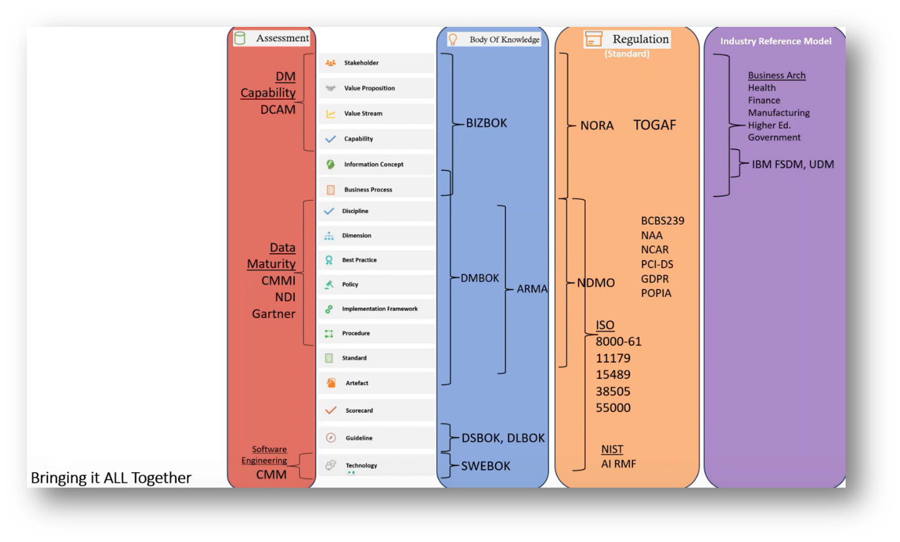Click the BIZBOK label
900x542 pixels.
486,123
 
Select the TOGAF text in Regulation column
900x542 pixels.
654,125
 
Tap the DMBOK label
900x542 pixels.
480,278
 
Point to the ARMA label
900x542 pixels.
532,289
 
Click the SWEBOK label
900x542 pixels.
485,466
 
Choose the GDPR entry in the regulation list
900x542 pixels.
655,279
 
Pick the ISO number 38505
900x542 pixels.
613,391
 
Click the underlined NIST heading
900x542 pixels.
612,449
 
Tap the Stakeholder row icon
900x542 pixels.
330,63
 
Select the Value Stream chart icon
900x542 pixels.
330,114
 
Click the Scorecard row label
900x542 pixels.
359,410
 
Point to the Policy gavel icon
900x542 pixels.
329,284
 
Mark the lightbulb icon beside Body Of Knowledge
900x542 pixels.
453,39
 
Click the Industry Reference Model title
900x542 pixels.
776,41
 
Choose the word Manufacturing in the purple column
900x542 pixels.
779,113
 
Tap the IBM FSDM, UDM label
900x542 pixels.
792,164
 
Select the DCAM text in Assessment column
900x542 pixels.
278,109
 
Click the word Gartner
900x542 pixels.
274,314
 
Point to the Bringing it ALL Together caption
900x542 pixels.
111,478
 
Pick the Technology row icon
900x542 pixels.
330,465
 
